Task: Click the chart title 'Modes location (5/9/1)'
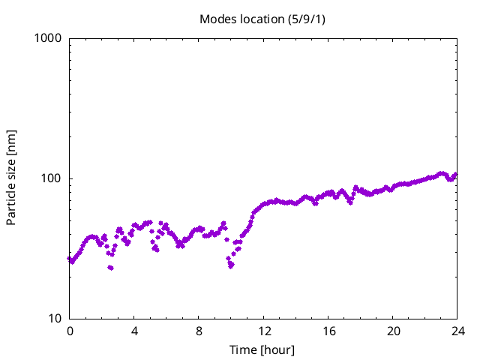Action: point(262,19)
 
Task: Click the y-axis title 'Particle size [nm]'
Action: point(11,178)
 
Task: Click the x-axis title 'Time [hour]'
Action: point(262,349)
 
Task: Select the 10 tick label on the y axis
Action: point(54,319)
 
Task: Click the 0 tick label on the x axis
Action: point(70,331)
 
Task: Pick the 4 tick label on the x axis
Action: point(134,331)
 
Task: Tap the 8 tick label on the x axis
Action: point(199,331)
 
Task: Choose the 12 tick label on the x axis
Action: point(264,331)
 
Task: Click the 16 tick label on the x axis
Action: point(328,331)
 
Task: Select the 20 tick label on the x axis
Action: point(393,331)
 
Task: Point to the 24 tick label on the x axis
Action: point(457,331)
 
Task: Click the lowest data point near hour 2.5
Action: point(111,268)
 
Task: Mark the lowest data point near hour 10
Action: point(231,265)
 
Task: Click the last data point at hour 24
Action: point(455,175)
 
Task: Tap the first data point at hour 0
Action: point(70,259)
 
